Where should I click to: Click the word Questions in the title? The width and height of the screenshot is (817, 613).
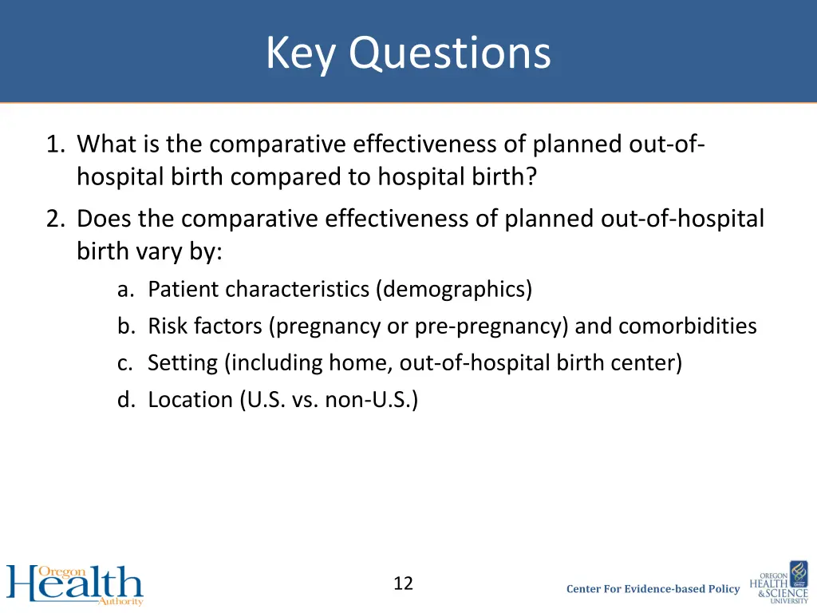pyautogui.click(x=449, y=54)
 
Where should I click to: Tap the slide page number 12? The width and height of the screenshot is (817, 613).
pyautogui.click(x=403, y=583)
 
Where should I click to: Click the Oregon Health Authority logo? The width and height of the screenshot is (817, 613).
pyautogui.click(x=75, y=584)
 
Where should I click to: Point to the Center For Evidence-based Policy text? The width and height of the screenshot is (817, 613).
pyautogui.click(x=653, y=589)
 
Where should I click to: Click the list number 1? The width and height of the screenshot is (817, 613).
pyautogui.click(x=55, y=144)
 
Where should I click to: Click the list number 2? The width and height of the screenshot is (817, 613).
pyautogui.click(x=55, y=218)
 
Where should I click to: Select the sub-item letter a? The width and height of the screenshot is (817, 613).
pyautogui.click(x=124, y=289)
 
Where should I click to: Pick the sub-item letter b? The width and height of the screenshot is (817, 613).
pyautogui.click(x=124, y=326)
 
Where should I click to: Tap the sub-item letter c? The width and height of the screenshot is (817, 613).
pyautogui.click(x=124, y=363)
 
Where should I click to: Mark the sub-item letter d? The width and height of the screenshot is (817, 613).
pyautogui.click(x=124, y=400)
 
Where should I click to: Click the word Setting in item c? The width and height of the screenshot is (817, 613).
pyautogui.click(x=183, y=363)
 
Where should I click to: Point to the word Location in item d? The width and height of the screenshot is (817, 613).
pyautogui.click(x=191, y=400)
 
